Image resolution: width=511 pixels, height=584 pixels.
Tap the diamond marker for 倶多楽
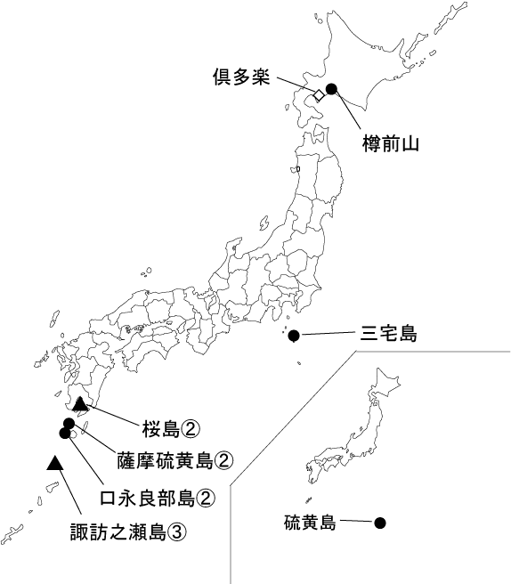(x=317, y=94)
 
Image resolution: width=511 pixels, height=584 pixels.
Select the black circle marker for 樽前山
(x=331, y=88)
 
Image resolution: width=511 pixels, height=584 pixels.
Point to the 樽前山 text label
(x=390, y=143)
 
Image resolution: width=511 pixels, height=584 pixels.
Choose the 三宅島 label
(x=388, y=336)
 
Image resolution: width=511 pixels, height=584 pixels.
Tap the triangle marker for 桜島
(x=80, y=405)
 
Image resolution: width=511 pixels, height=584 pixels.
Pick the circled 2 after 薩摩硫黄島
(x=224, y=461)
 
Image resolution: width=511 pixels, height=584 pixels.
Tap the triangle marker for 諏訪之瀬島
(x=55, y=462)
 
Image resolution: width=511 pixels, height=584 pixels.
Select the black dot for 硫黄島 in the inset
(x=379, y=523)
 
